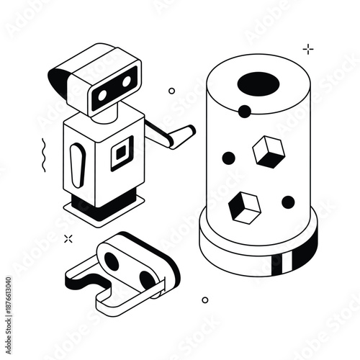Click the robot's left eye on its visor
pyautogui.click(x=102, y=94)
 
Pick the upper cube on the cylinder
pyautogui.click(x=268, y=151)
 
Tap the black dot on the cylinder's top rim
pyautogui.click(x=245, y=111)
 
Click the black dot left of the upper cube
pyautogui.click(x=228, y=158)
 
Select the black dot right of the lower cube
pyautogui.click(x=288, y=202)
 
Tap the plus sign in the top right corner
pyautogui.click(x=308, y=49)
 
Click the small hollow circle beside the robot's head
pyautogui.click(x=171, y=91)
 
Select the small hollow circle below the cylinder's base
pyautogui.click(x=204, y=300)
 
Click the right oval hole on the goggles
pyautogui.click(x=146, y=279)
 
